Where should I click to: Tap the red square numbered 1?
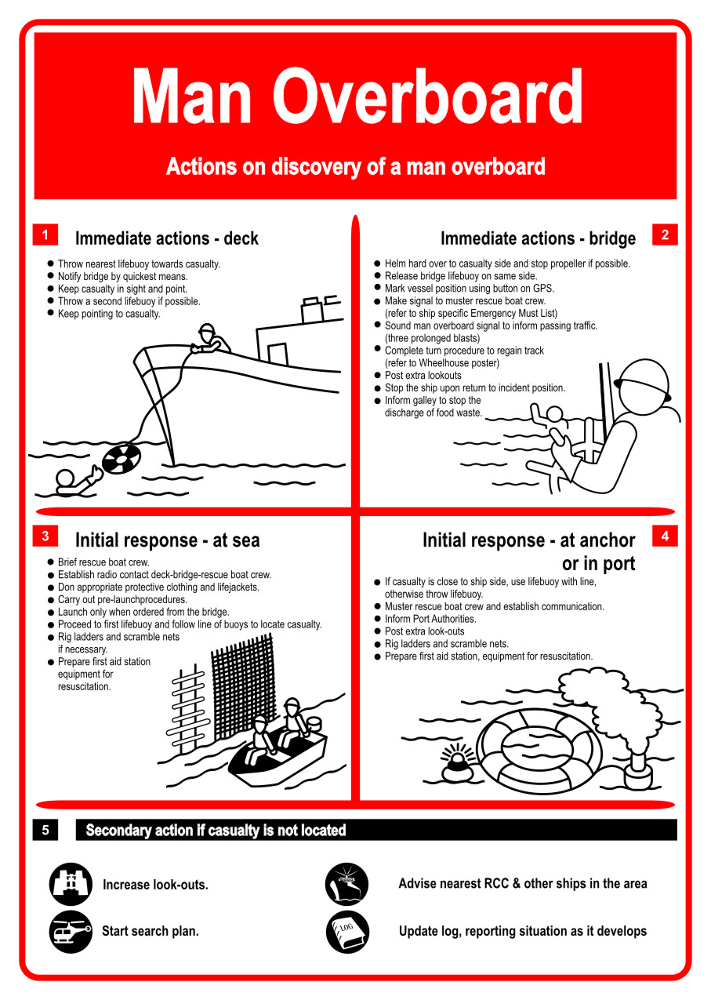pos(45,235)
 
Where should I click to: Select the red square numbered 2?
pos(665,235)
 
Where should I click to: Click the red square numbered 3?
pos(45,536)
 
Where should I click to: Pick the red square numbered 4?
pos(665,536)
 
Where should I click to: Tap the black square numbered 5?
pos(45,830)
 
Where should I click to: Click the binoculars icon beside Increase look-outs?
pos(71,884)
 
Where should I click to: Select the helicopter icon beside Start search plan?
pos(71,931)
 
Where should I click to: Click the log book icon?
pos(346,931)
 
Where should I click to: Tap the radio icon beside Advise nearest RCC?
pos(346,884)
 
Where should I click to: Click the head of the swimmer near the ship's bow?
pos(66,478)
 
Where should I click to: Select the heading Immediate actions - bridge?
pos(538,238)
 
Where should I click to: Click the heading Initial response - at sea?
pos(167,540)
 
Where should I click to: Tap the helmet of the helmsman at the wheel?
pos(643,382)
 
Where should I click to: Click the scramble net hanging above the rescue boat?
pos(242,678)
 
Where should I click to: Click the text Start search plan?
pos(151,932)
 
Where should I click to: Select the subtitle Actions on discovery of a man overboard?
pos(355,167)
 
